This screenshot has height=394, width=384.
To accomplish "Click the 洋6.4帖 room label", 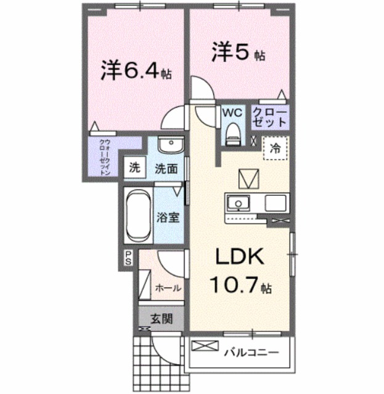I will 136,72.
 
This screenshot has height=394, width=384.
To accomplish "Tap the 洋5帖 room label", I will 239,52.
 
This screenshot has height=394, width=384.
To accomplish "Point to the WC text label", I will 232,113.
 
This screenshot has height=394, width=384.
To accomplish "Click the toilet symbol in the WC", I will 232,132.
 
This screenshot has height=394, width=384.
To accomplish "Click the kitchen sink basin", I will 237,203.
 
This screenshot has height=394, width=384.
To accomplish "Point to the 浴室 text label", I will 167,218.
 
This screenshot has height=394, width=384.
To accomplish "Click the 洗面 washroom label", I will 166,167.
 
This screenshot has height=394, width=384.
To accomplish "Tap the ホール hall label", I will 168,288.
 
